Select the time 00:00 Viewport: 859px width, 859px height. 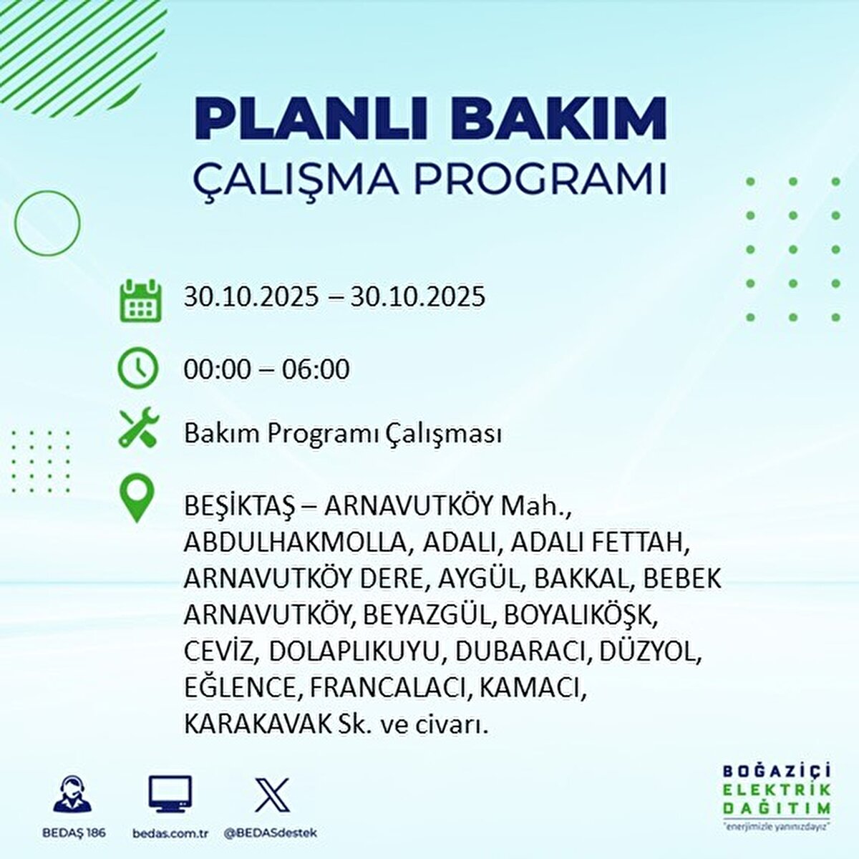[218, 369]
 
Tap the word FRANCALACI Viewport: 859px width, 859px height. [390, 688]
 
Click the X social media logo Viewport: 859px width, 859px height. [273, 795]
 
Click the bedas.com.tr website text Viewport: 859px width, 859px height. [170, 833]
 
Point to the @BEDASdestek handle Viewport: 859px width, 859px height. [271, 833]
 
